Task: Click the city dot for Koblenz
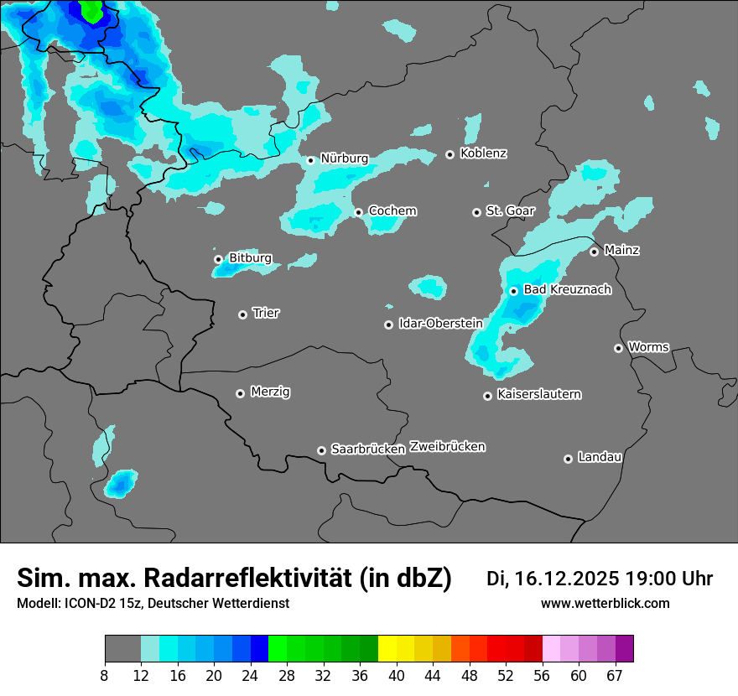pos(450,154)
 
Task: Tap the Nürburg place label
pos(345,158)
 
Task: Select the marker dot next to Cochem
pos(358,212)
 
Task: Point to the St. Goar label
pos(510,211)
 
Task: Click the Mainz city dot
pos(594,252)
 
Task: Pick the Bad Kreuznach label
pos(567,290)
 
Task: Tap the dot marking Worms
pos(618,348)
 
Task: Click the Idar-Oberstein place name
pos(440,324)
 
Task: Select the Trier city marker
pos(242,314)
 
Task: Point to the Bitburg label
pos(250,258)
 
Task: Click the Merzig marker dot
pos(240,393)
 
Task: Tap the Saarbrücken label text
pos(368,449)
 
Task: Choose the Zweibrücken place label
pos(448,447)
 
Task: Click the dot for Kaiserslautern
pos(487,396)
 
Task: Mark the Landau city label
pos(600,458)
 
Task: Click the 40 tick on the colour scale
pos(397,676)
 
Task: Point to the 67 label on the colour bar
pos(615,676)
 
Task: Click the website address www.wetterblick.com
pos(605,604)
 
